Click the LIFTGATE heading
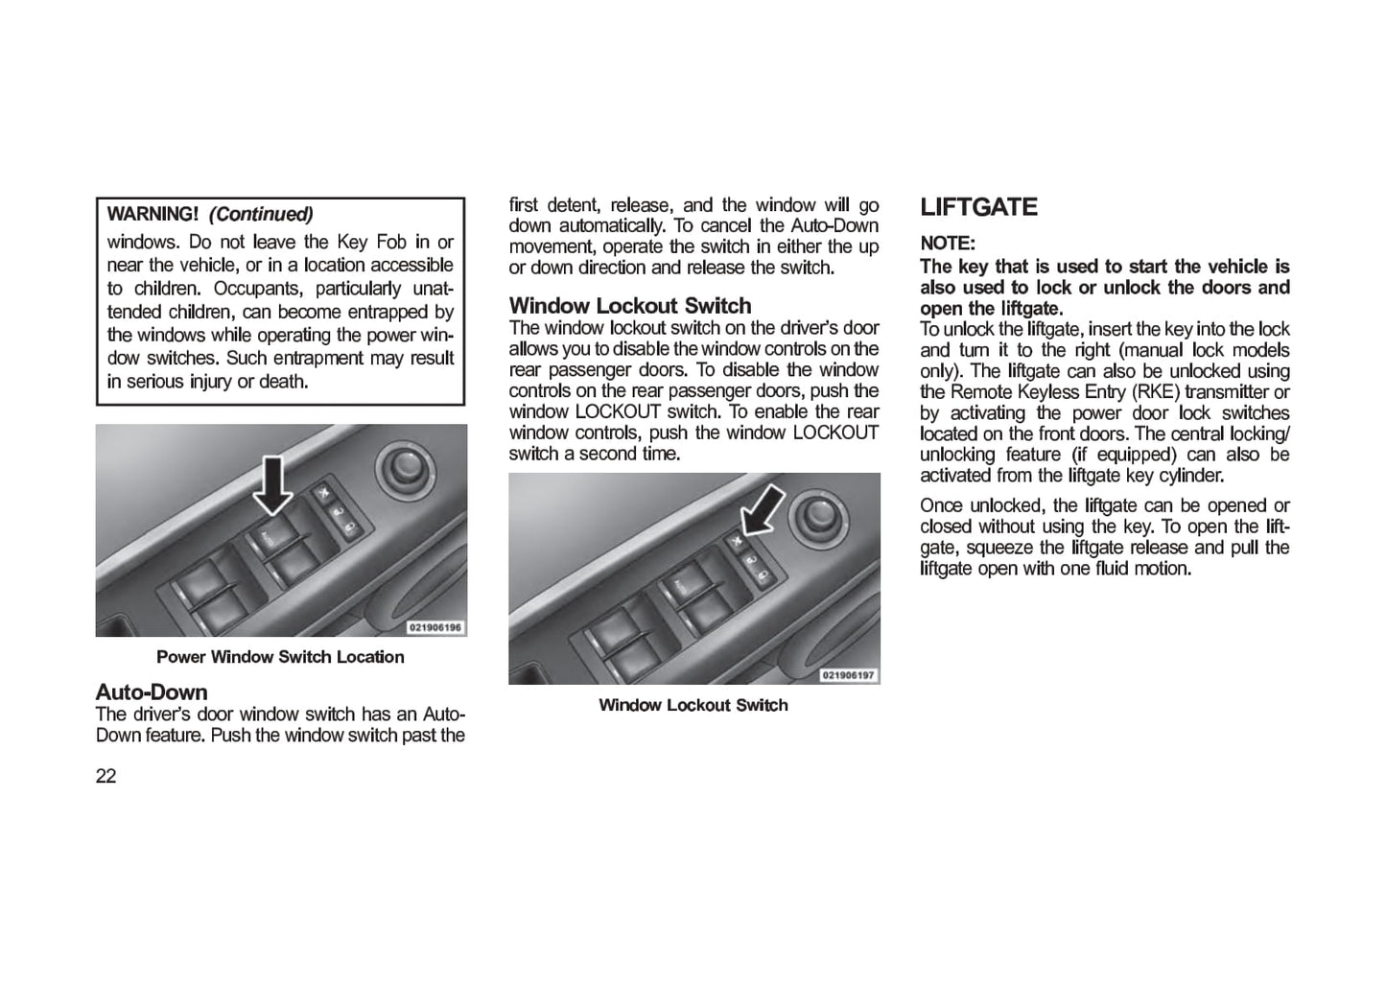tap(978, 208)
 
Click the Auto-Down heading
tap(152, 691)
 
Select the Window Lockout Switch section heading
tap(630, 306)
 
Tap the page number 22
tap(106, 776)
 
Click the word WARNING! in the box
tap(153, 214)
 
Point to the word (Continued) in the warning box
tap(261, 214)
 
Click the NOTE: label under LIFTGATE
tap(947, 244)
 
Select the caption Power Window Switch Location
tap(280, 657)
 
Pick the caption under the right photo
tap(693, 705)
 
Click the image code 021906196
tap(435, 627)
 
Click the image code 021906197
tap(848, 675)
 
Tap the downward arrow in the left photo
tap(273, 484)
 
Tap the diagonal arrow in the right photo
tap(764, 509)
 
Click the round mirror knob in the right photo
tap(818, 515)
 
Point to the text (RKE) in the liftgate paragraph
tap(1156, 392)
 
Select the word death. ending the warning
tap(284, 382)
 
